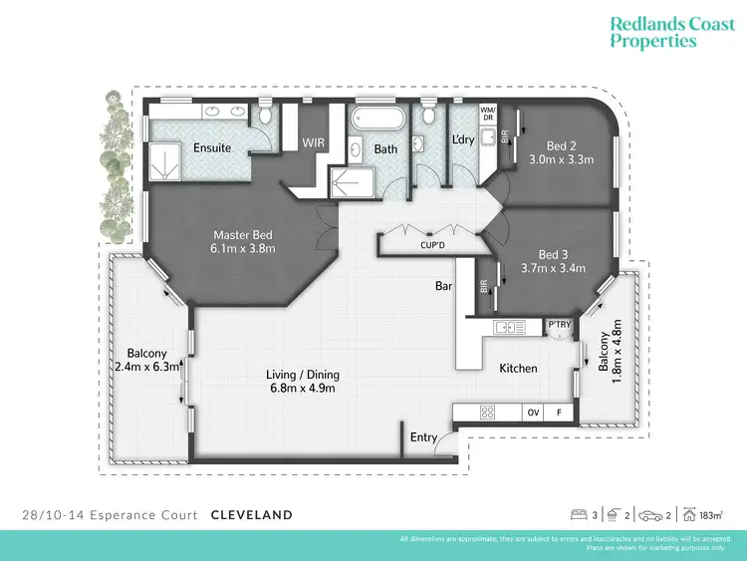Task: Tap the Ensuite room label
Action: click(x=212, y=148)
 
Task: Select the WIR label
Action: click(x=315, y=142)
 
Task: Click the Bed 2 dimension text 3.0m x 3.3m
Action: click(x=561, y=159)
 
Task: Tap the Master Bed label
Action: click(x=243, y=236)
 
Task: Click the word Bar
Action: click(x=444, y=286)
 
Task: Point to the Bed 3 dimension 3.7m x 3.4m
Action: click(x=554, y=269)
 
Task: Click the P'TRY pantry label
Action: click(x=558, y=326)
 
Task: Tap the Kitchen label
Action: click(x=518, y=369)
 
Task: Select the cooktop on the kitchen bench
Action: click(x=489, y=412)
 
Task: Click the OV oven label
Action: click(x=533, y=412)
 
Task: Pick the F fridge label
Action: click(x=559, y=412)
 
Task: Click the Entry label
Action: click(x=423, y=437)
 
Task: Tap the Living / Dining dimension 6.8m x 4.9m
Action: click(x=303, y=389)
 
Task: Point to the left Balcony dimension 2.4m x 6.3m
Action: click(x=146, y=367)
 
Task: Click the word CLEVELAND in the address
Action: click(x=252, y=515)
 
